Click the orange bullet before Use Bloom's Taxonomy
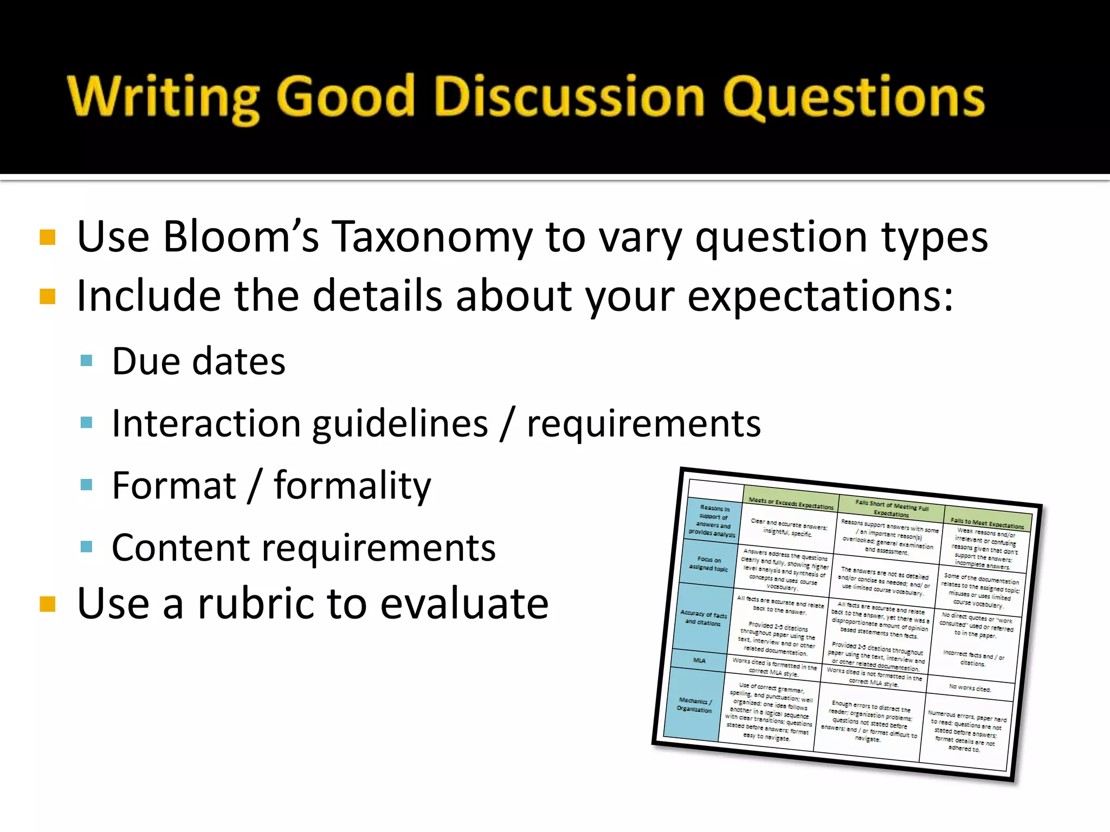pyautogui.click(x=48, y=238)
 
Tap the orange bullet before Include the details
pyautogui.click(x=48, y=297)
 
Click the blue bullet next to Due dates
pyautogui.click(x=86, y=361)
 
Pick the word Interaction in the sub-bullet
pyautogui.click(x=205, y=423)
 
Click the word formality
pyautogui.click(x=352, y=485)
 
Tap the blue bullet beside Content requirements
pyautogui.click(x=86, y=547)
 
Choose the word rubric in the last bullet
pyautogui.click(x=255, y=603)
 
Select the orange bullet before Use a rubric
pyautogui.click(x=48, y=603)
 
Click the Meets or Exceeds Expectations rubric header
pyautogui.click(x=791, y=503)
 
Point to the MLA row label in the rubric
pyautogui.click(x=699, y=660)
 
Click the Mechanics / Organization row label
pyautogui.click(x=694, y=705)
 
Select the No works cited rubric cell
pyautogui.click(x=970, y=688)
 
